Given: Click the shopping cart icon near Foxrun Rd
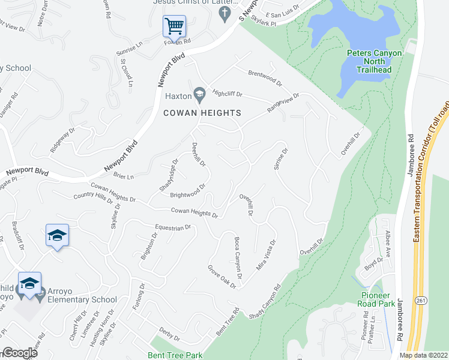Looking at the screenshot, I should pos(174,26).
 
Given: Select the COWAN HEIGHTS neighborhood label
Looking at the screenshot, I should pos(203,113).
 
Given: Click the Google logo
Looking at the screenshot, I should pos(19,353).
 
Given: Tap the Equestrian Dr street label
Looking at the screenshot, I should pos(172,227).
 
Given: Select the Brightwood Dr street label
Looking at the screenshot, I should pos(188,194).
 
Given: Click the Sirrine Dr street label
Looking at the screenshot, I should pos(281,158).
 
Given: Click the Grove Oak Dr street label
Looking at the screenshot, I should pos(222,277).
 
